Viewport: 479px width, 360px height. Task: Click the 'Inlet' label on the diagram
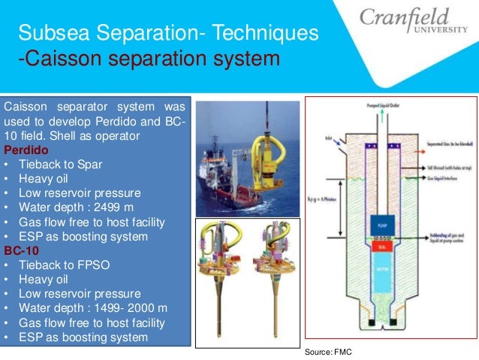(x=330, y=138)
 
